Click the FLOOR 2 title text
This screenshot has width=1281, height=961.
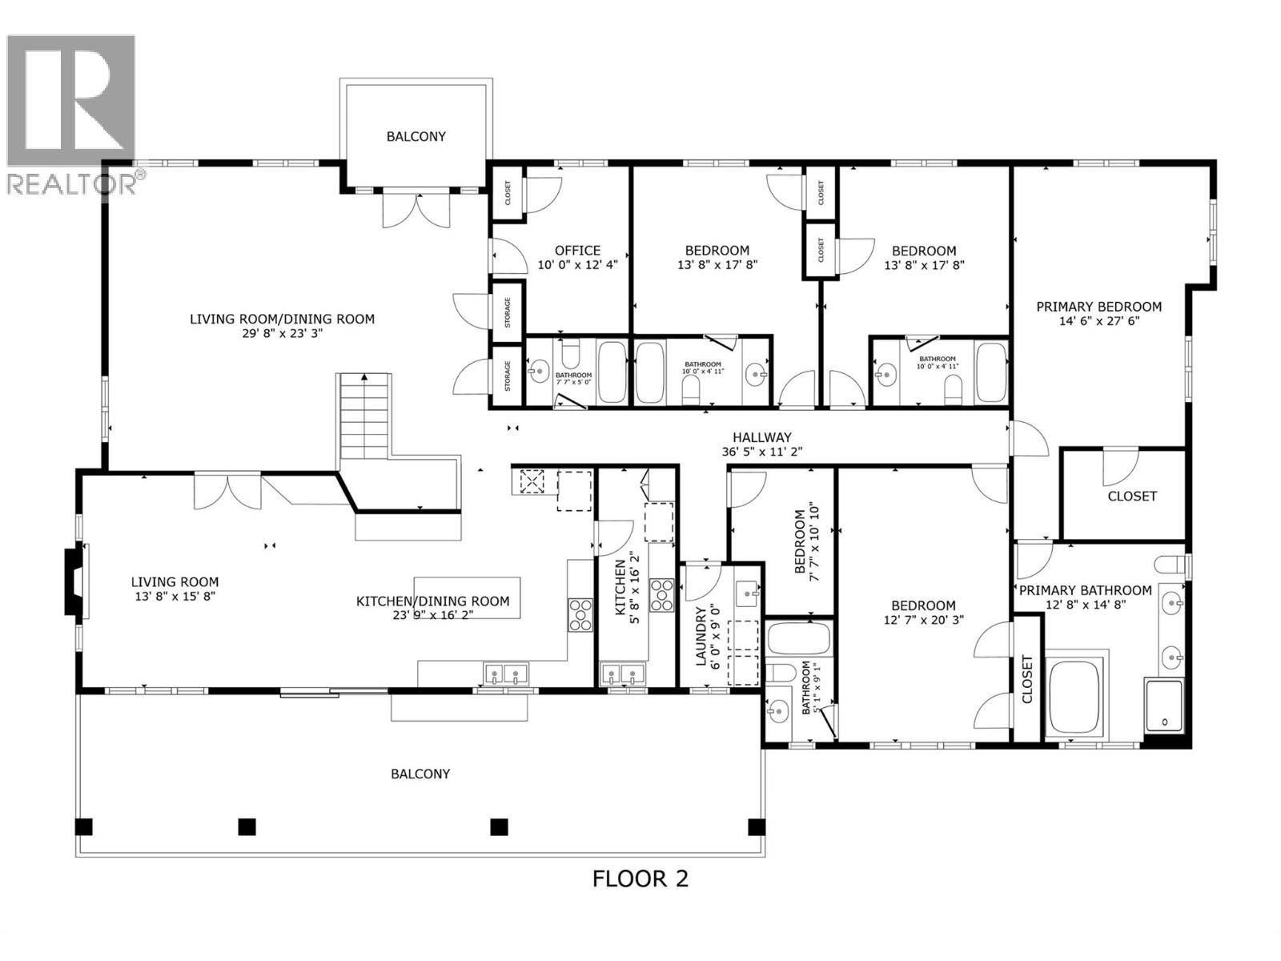click(x=640, y=879)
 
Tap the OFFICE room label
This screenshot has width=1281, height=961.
click(x=577, y=251)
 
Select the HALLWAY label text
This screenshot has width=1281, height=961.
click(x=761, y=437)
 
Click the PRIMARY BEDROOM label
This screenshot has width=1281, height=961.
click(x=1098, y=307)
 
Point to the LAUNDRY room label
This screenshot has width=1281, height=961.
click(x=701, y=637)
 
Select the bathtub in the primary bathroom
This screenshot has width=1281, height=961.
click(x=1077, y=695)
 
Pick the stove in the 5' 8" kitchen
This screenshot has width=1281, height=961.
click(x=661, y=596)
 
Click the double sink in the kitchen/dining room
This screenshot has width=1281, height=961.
click(x=506, y=674)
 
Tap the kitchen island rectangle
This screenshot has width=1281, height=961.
click(x=467, y=597)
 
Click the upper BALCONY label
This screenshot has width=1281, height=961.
click(x=416, y=136)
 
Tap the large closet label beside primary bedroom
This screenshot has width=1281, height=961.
click(x=1131, y=497)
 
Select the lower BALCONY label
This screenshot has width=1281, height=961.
click(x=420, y=774)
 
